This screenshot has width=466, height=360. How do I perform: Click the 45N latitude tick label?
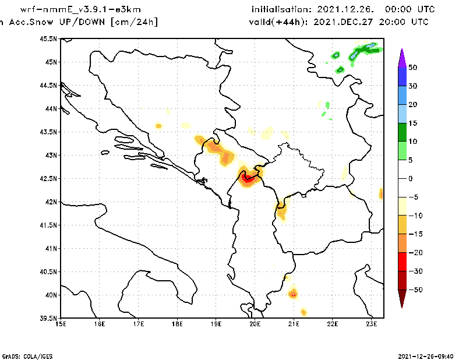[50, 62]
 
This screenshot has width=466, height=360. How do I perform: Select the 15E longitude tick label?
[61, 324]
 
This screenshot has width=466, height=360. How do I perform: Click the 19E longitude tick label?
[216, 324]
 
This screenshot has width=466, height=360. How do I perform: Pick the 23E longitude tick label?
[372, 324]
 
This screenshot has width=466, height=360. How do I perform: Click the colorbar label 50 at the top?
[412, 68]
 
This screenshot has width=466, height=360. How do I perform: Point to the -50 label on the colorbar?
[414, 290]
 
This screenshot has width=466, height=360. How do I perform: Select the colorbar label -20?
[414, 253]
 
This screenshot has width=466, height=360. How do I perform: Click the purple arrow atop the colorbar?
[402, 58]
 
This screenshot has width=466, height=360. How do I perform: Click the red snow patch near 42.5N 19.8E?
[248, 177]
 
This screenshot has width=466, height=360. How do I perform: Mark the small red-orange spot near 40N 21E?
[294, 294]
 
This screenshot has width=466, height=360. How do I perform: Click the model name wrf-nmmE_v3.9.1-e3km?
[80, 10]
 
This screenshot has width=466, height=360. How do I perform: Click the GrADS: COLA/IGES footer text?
[22, 355]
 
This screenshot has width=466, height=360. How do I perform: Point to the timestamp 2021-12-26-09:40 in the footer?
[425, 355]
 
